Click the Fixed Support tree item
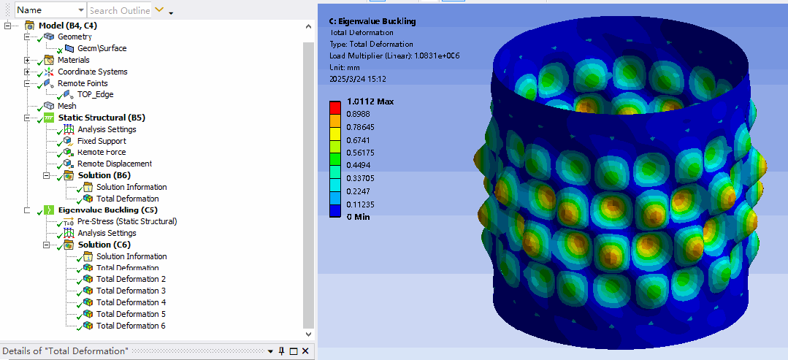(x=102, y=141)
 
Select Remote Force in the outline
(x=102, y=152)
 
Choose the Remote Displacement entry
(x=114, y=164)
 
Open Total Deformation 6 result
(x=131, y=326)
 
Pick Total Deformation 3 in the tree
(x=131, y=291)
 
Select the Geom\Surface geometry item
(x=102, y=48)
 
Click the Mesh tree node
(x=67, y=106)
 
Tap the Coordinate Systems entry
(x=93, y=72)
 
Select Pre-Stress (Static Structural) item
(x=127, y=221)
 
